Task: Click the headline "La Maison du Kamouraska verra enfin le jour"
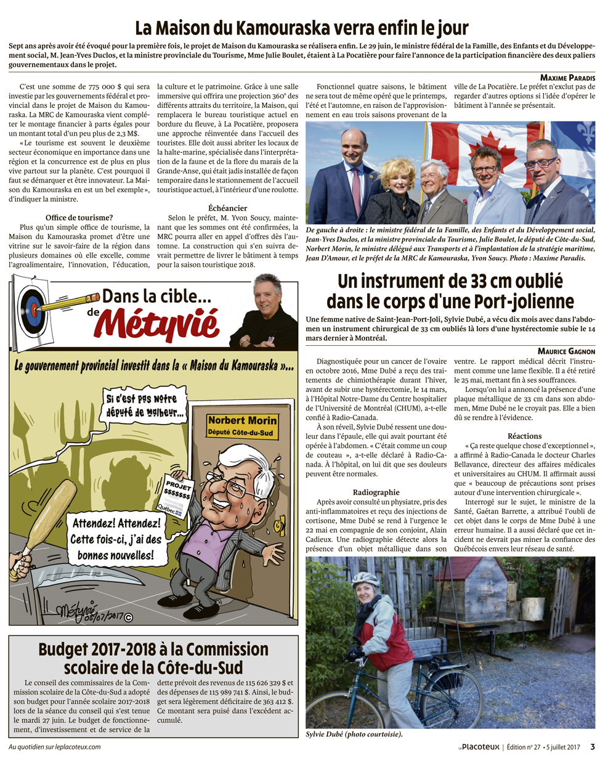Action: pos(302,28)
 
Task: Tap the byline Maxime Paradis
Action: pos(567,78)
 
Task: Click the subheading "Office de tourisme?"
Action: pos(79,218)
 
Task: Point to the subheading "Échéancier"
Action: pos(227,208)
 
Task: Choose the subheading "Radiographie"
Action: pos(376,492)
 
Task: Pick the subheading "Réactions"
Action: pos(525,436)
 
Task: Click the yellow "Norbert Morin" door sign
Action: pos(242,425)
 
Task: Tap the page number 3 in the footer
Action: pos(593,747)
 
